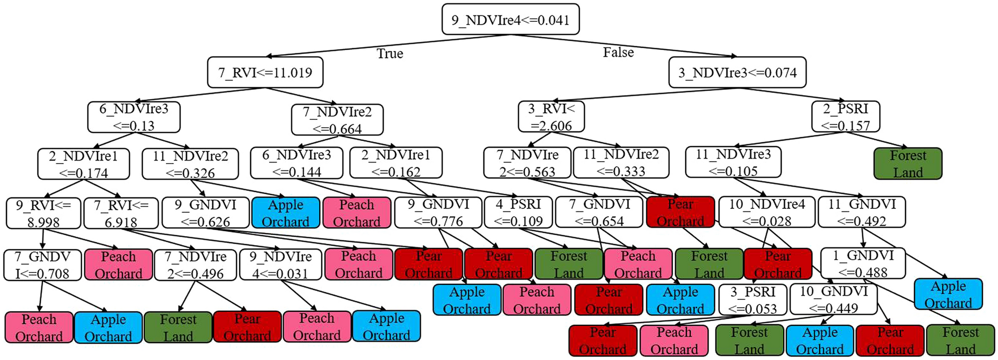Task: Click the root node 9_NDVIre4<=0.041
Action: pos(510,19)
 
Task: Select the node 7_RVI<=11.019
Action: pos(265,73)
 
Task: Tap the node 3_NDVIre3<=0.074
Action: pos(737,73)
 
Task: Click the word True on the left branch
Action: pos(389,54)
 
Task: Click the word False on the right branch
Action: pos(618,52)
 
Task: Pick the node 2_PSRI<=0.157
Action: pos(845,117)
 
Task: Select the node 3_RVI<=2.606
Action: pos(551,117)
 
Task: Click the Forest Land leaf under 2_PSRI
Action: pos(907,164)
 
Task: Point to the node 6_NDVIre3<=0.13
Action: pos(134,117)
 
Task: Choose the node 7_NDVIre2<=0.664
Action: pos(337,120)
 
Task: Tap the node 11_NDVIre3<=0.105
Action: pos(733,162)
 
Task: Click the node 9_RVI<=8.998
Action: pos(43,213)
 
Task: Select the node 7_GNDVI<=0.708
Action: pos(42,265)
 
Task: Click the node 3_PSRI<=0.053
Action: pos(752,300)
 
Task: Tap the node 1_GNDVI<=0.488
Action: pos(862,264)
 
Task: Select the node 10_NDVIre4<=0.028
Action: pos(767,213)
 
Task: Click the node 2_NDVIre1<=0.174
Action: pos(84,164)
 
